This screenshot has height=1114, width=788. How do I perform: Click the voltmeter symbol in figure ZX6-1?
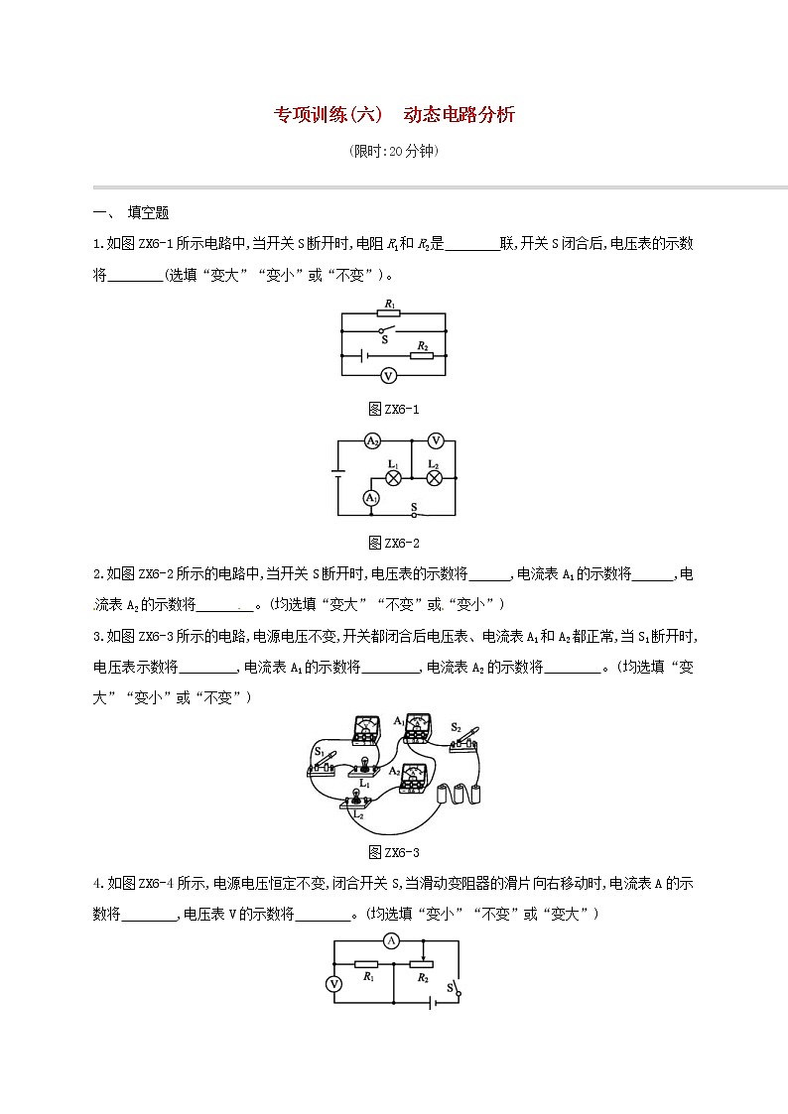coord(389,375)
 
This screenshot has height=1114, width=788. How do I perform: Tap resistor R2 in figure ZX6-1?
coord(422,354)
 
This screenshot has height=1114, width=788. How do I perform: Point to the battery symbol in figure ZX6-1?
coord(364,354)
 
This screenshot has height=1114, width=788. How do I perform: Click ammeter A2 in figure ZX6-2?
coord(372,440)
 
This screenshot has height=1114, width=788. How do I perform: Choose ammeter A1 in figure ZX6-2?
coord(370,496)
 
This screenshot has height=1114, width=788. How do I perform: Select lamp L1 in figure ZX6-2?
coord(393,477)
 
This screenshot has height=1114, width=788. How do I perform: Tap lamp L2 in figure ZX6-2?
coord(434,477)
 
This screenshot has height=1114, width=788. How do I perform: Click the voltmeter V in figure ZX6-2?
coord(435,440)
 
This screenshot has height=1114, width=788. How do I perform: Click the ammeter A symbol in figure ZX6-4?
coord(392,939)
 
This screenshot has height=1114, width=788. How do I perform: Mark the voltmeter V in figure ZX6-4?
coord(334,983)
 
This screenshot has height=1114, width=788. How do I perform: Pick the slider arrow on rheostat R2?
coord(424,953)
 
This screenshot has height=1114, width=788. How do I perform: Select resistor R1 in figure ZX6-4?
coord(367,963)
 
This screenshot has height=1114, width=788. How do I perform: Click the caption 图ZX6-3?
coord(394,852)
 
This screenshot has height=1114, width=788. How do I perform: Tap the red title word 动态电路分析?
coord(460,115)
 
